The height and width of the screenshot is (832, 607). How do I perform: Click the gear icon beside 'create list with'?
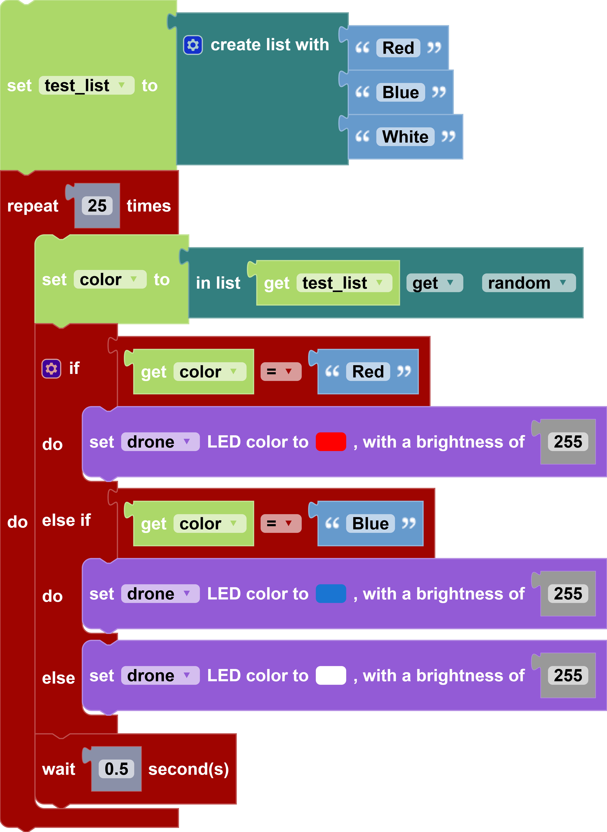tap(193, 45)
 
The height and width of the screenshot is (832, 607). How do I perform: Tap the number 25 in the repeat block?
tap(97, 206)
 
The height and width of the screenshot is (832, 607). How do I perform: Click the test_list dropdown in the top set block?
tap(86, 86)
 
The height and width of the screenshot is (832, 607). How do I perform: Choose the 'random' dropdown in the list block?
tap(528, 283)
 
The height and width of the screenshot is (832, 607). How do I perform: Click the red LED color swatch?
tap(331, 442)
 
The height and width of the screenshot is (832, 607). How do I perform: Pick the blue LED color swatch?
tap(331, 594)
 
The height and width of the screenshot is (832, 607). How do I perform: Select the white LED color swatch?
tap(331, 676)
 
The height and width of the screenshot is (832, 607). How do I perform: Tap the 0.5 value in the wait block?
tap(116, 769)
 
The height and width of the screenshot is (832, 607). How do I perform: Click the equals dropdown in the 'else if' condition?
tap(281, 524)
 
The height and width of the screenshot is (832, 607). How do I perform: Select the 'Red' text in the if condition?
tap(368, 372)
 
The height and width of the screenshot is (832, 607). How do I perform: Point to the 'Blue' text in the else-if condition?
tap(370, 524)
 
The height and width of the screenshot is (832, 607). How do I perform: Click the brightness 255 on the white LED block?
tap(568, 676)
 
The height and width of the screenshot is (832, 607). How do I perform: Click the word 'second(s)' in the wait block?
tap(188, 769)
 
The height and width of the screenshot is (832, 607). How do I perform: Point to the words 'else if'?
tap(66, 520)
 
